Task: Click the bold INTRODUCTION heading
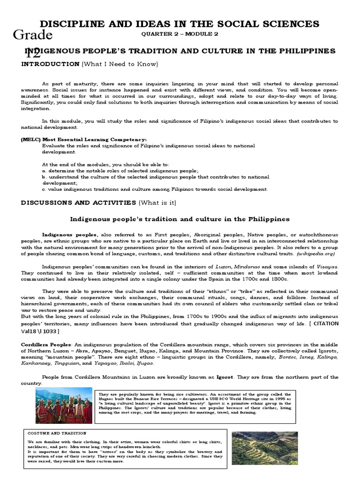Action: pyautogui.click(x=50, y=63)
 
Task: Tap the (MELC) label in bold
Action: pyautogui.click(x=30, y=139)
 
